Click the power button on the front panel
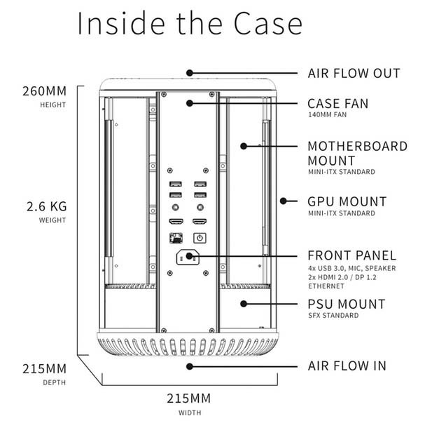(200, 238)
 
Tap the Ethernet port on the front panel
(175, 238)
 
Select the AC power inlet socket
(188, 258)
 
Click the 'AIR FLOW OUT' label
(354, 73)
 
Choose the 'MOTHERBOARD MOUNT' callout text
(357, 153)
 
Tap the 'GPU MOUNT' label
(347, 201)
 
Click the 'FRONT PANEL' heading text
(352, 255)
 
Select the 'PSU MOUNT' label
(347, 304)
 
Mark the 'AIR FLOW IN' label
(347, 366)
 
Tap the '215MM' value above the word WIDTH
(189, 399)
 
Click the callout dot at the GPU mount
(283, 201)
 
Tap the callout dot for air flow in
(188, 366)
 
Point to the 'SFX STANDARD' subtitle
(333, 316)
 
